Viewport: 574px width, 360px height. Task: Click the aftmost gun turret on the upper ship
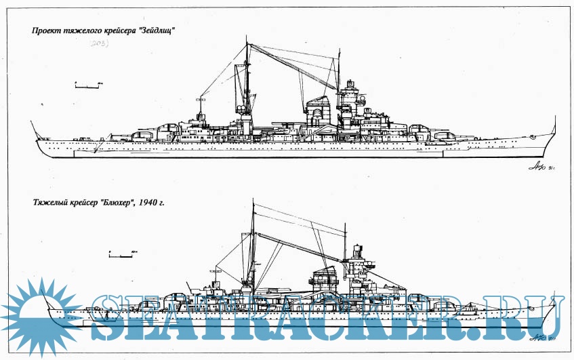click(x=140, y=134)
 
